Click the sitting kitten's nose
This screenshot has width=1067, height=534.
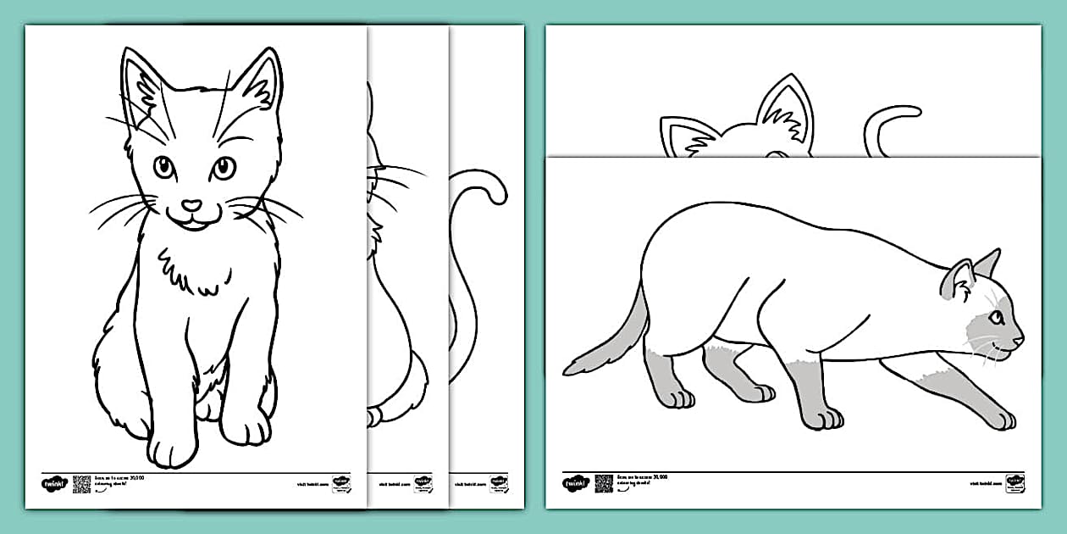(193, 205)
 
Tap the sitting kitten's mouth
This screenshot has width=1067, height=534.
(193, 222)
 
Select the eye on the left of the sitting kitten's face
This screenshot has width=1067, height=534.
(164, 167)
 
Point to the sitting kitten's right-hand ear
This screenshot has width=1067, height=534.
(257, 84)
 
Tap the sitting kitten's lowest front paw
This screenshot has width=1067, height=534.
(172, 446)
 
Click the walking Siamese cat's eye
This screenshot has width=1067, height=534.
(997, 318)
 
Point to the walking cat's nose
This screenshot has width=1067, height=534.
(1020, 340)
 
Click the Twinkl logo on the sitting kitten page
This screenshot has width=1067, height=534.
(53, 484)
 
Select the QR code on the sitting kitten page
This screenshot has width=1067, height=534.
(81, 484)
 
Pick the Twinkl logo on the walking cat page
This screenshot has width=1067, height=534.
(574, 483)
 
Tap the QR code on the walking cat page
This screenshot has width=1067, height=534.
(603, 483)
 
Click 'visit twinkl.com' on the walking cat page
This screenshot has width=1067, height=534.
(985, 483)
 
